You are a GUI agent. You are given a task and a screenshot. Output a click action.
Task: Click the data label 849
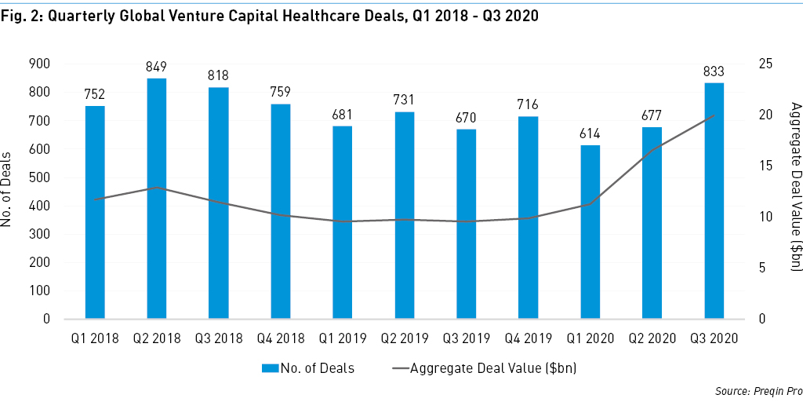[157, 67]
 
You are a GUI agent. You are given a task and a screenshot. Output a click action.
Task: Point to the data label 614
[590, 133]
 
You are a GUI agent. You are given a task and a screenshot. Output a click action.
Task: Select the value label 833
[714, 71]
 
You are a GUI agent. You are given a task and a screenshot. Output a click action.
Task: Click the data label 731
[405, 100]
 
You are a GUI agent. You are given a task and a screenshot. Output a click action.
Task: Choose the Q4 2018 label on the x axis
[281, 338]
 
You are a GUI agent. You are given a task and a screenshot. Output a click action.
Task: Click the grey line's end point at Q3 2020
[714, 115]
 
